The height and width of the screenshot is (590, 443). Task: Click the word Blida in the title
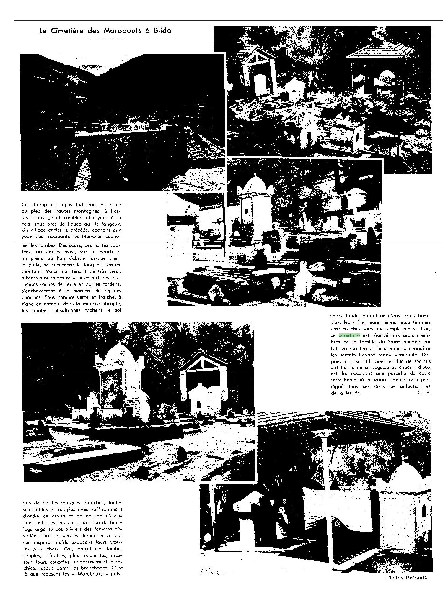[x=161, y=31]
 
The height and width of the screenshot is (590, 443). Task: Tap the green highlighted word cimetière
[x=349, y=335]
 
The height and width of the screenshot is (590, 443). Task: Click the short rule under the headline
[x=105, y=38]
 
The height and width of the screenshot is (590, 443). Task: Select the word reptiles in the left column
[x=112, y=291]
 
